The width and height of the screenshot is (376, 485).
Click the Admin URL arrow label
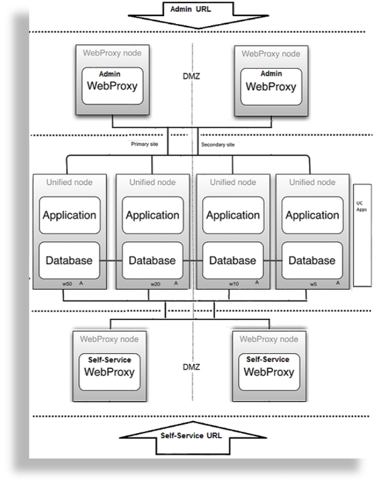[x=194, y=10]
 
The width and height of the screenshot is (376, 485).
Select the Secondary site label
[x=217, y=145]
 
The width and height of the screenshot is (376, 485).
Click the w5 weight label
[x=314, y=284]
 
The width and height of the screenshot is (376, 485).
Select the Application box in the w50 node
[x=69, y=216]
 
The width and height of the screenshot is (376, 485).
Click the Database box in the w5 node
[x=312, y=260]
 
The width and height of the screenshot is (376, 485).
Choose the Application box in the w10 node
[x=233, y=216]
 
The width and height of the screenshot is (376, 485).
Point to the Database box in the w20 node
[x=152, y=260]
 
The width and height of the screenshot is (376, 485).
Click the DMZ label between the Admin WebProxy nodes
[x=192, y=78]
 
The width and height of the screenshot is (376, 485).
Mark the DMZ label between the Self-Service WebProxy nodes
[x=191, y=367]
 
